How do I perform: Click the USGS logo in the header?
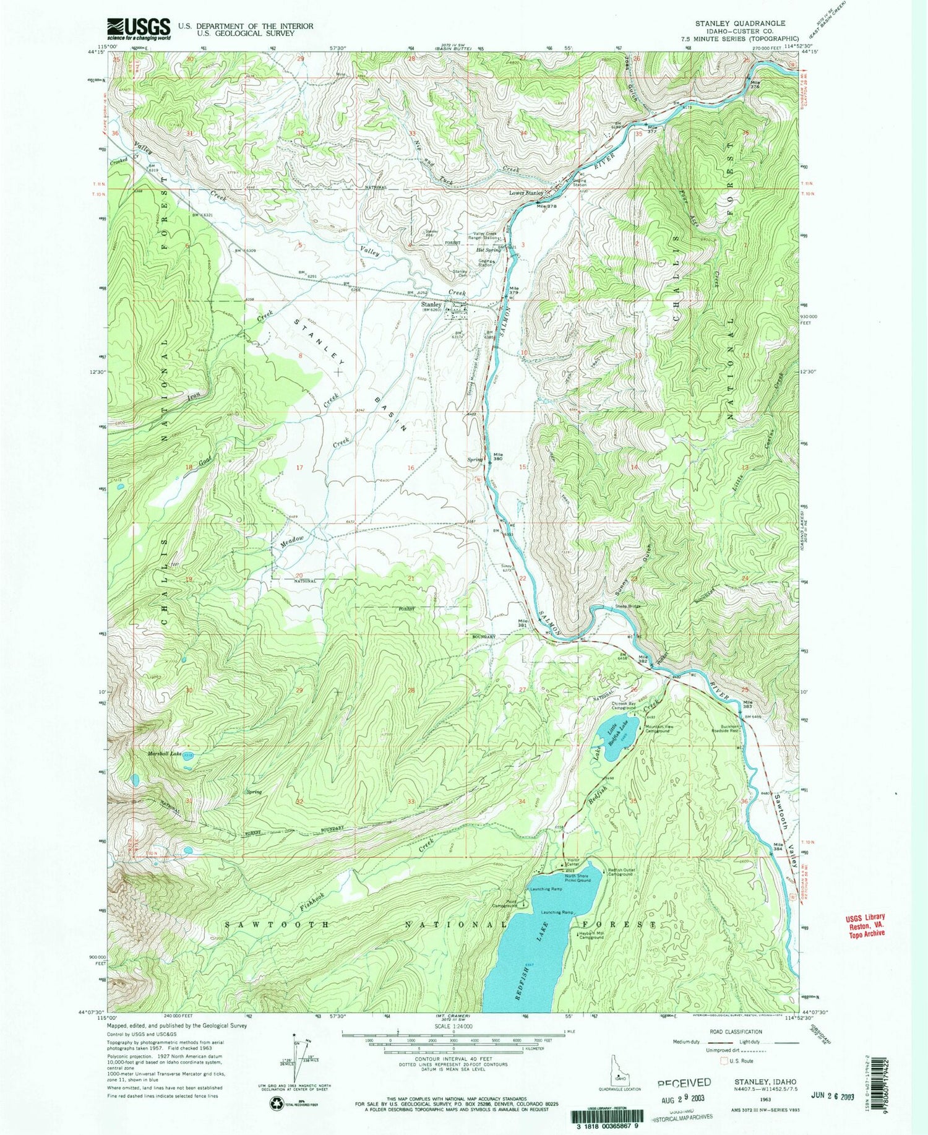(139, 28)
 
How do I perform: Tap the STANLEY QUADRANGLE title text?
(740, 23)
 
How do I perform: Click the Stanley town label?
(431, 305)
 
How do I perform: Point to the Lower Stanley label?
(526, 193)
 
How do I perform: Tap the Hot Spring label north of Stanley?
(488, 250)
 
